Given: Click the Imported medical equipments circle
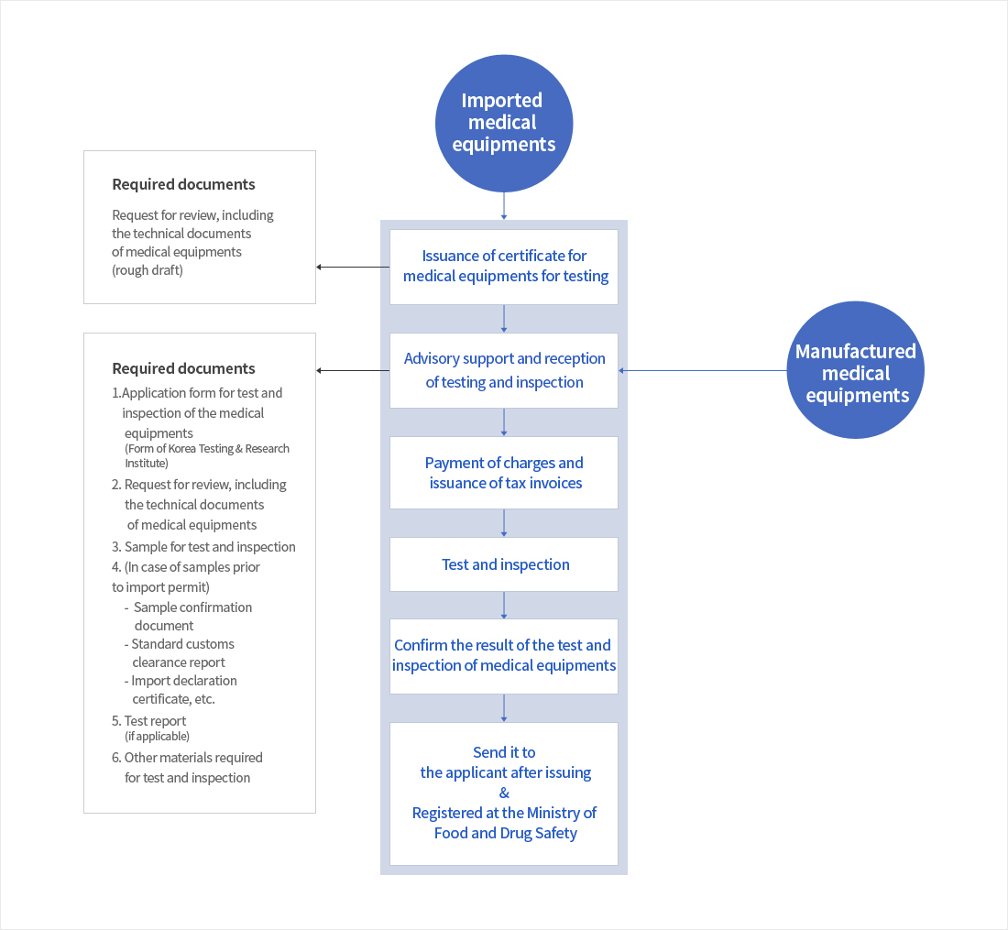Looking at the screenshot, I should (x=503, y=123).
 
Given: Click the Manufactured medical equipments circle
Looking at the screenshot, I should (x=855, y=371).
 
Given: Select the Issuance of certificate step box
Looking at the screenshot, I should (x=504, y=267).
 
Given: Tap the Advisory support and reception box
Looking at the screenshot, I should (x=504, y=370).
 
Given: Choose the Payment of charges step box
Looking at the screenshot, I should (x=504, y=473).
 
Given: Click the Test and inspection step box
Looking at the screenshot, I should (x=504, y=564).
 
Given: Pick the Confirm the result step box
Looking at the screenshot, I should (x=504, y=656).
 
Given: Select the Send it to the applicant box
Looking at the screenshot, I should (x=504, y=793).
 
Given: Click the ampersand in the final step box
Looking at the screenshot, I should (x=504, y=793).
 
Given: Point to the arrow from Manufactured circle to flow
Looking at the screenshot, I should (x=702, y=371).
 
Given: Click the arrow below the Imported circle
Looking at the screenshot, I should (x=504, y=206).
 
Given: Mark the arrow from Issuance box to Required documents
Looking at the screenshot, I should (x=353, y=268).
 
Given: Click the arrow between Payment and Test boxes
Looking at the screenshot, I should (x=504, y=523).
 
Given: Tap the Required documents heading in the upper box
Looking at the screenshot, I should (x=183, y=184).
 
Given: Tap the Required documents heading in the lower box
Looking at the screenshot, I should (x=183, y=368).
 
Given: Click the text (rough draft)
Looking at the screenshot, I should (x=148, y=270).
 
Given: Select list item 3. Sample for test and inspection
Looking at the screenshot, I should (x=209, y=547).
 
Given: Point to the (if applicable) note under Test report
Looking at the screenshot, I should (x=157, y=737).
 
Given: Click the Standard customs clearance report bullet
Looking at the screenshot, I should (x=182, y=653).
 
